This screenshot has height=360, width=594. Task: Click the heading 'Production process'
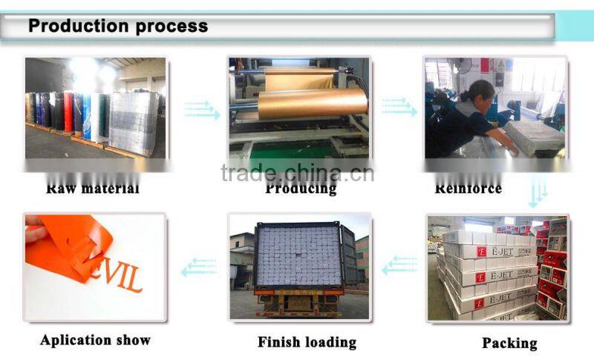pyautogui.click(x=118, y=27)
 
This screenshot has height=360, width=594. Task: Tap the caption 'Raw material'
pyautogui.click(x=92, y=188)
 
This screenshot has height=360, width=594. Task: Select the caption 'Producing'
pyautogui.click(x=301, y=189)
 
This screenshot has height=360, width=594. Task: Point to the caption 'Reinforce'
pyautogui.click(x=468, y=188)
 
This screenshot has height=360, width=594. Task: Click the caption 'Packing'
pyautogui.click(x=509, y=343)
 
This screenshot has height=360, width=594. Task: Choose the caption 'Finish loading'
pyautogui.click(x=307, y=342)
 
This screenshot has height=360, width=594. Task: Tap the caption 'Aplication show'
pyautogui.click(x=95, y=341)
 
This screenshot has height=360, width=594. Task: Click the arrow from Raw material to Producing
pyautogui.click(x=202, y=111)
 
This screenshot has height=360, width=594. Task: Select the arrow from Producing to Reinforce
pyautogui.click(x=399, y=107)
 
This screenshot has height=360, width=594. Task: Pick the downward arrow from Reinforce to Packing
pyautogui.click(x=537, y=195)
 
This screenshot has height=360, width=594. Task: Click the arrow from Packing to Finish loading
pyautogui.click(x=399, y=265)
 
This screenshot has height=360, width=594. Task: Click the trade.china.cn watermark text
pyautogui.click(x=297, y=172)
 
